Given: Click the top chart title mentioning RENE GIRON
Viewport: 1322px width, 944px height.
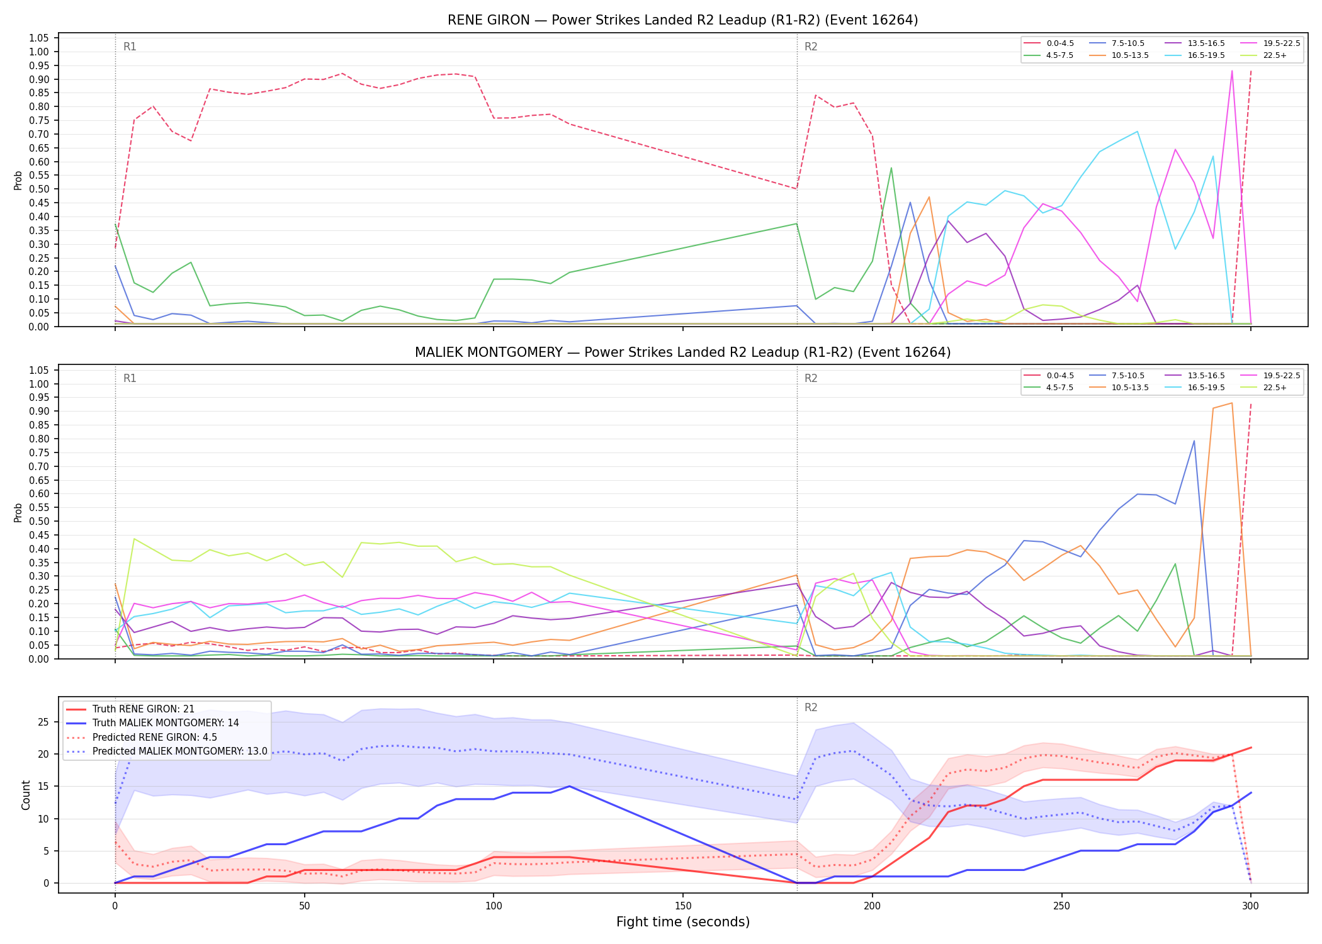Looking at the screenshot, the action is (x=682, y=20).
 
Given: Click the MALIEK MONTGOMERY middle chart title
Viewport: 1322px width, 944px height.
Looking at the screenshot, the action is (x=682, y=352).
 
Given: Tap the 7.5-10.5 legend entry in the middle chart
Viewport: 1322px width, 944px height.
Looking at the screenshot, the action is (x=1117, y=376).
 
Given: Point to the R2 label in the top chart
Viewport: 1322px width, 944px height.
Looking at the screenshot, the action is (x=811, y=47).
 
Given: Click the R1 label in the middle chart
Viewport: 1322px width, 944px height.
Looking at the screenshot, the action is (x=130, y=378).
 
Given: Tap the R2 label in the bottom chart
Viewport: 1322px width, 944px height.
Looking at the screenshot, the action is (x=811, y=707).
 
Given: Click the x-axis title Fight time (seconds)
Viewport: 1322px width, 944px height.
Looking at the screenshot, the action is (x=683, y=922).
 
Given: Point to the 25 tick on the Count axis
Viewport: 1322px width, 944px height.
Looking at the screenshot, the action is (x=43, y=722).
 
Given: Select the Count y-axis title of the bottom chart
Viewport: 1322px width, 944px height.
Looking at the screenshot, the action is (x=26, y=795).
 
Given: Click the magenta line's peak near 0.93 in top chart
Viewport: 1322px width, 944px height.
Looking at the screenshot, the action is (x=1231, y=70).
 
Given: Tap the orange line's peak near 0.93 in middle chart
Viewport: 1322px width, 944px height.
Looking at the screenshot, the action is (x=1231, y=403).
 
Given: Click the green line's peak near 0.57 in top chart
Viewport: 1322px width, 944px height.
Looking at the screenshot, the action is (x=891, y=168).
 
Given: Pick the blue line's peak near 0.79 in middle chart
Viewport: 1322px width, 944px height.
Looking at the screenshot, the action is (x=1194, y=441).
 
